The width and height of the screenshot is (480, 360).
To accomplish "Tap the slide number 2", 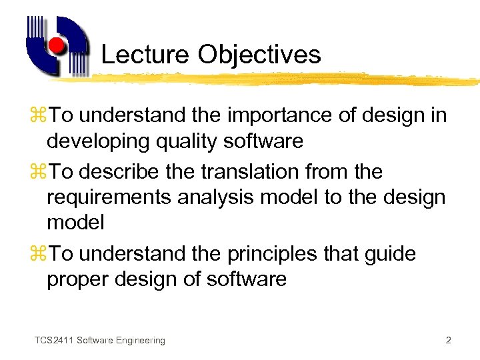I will (448, 341).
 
